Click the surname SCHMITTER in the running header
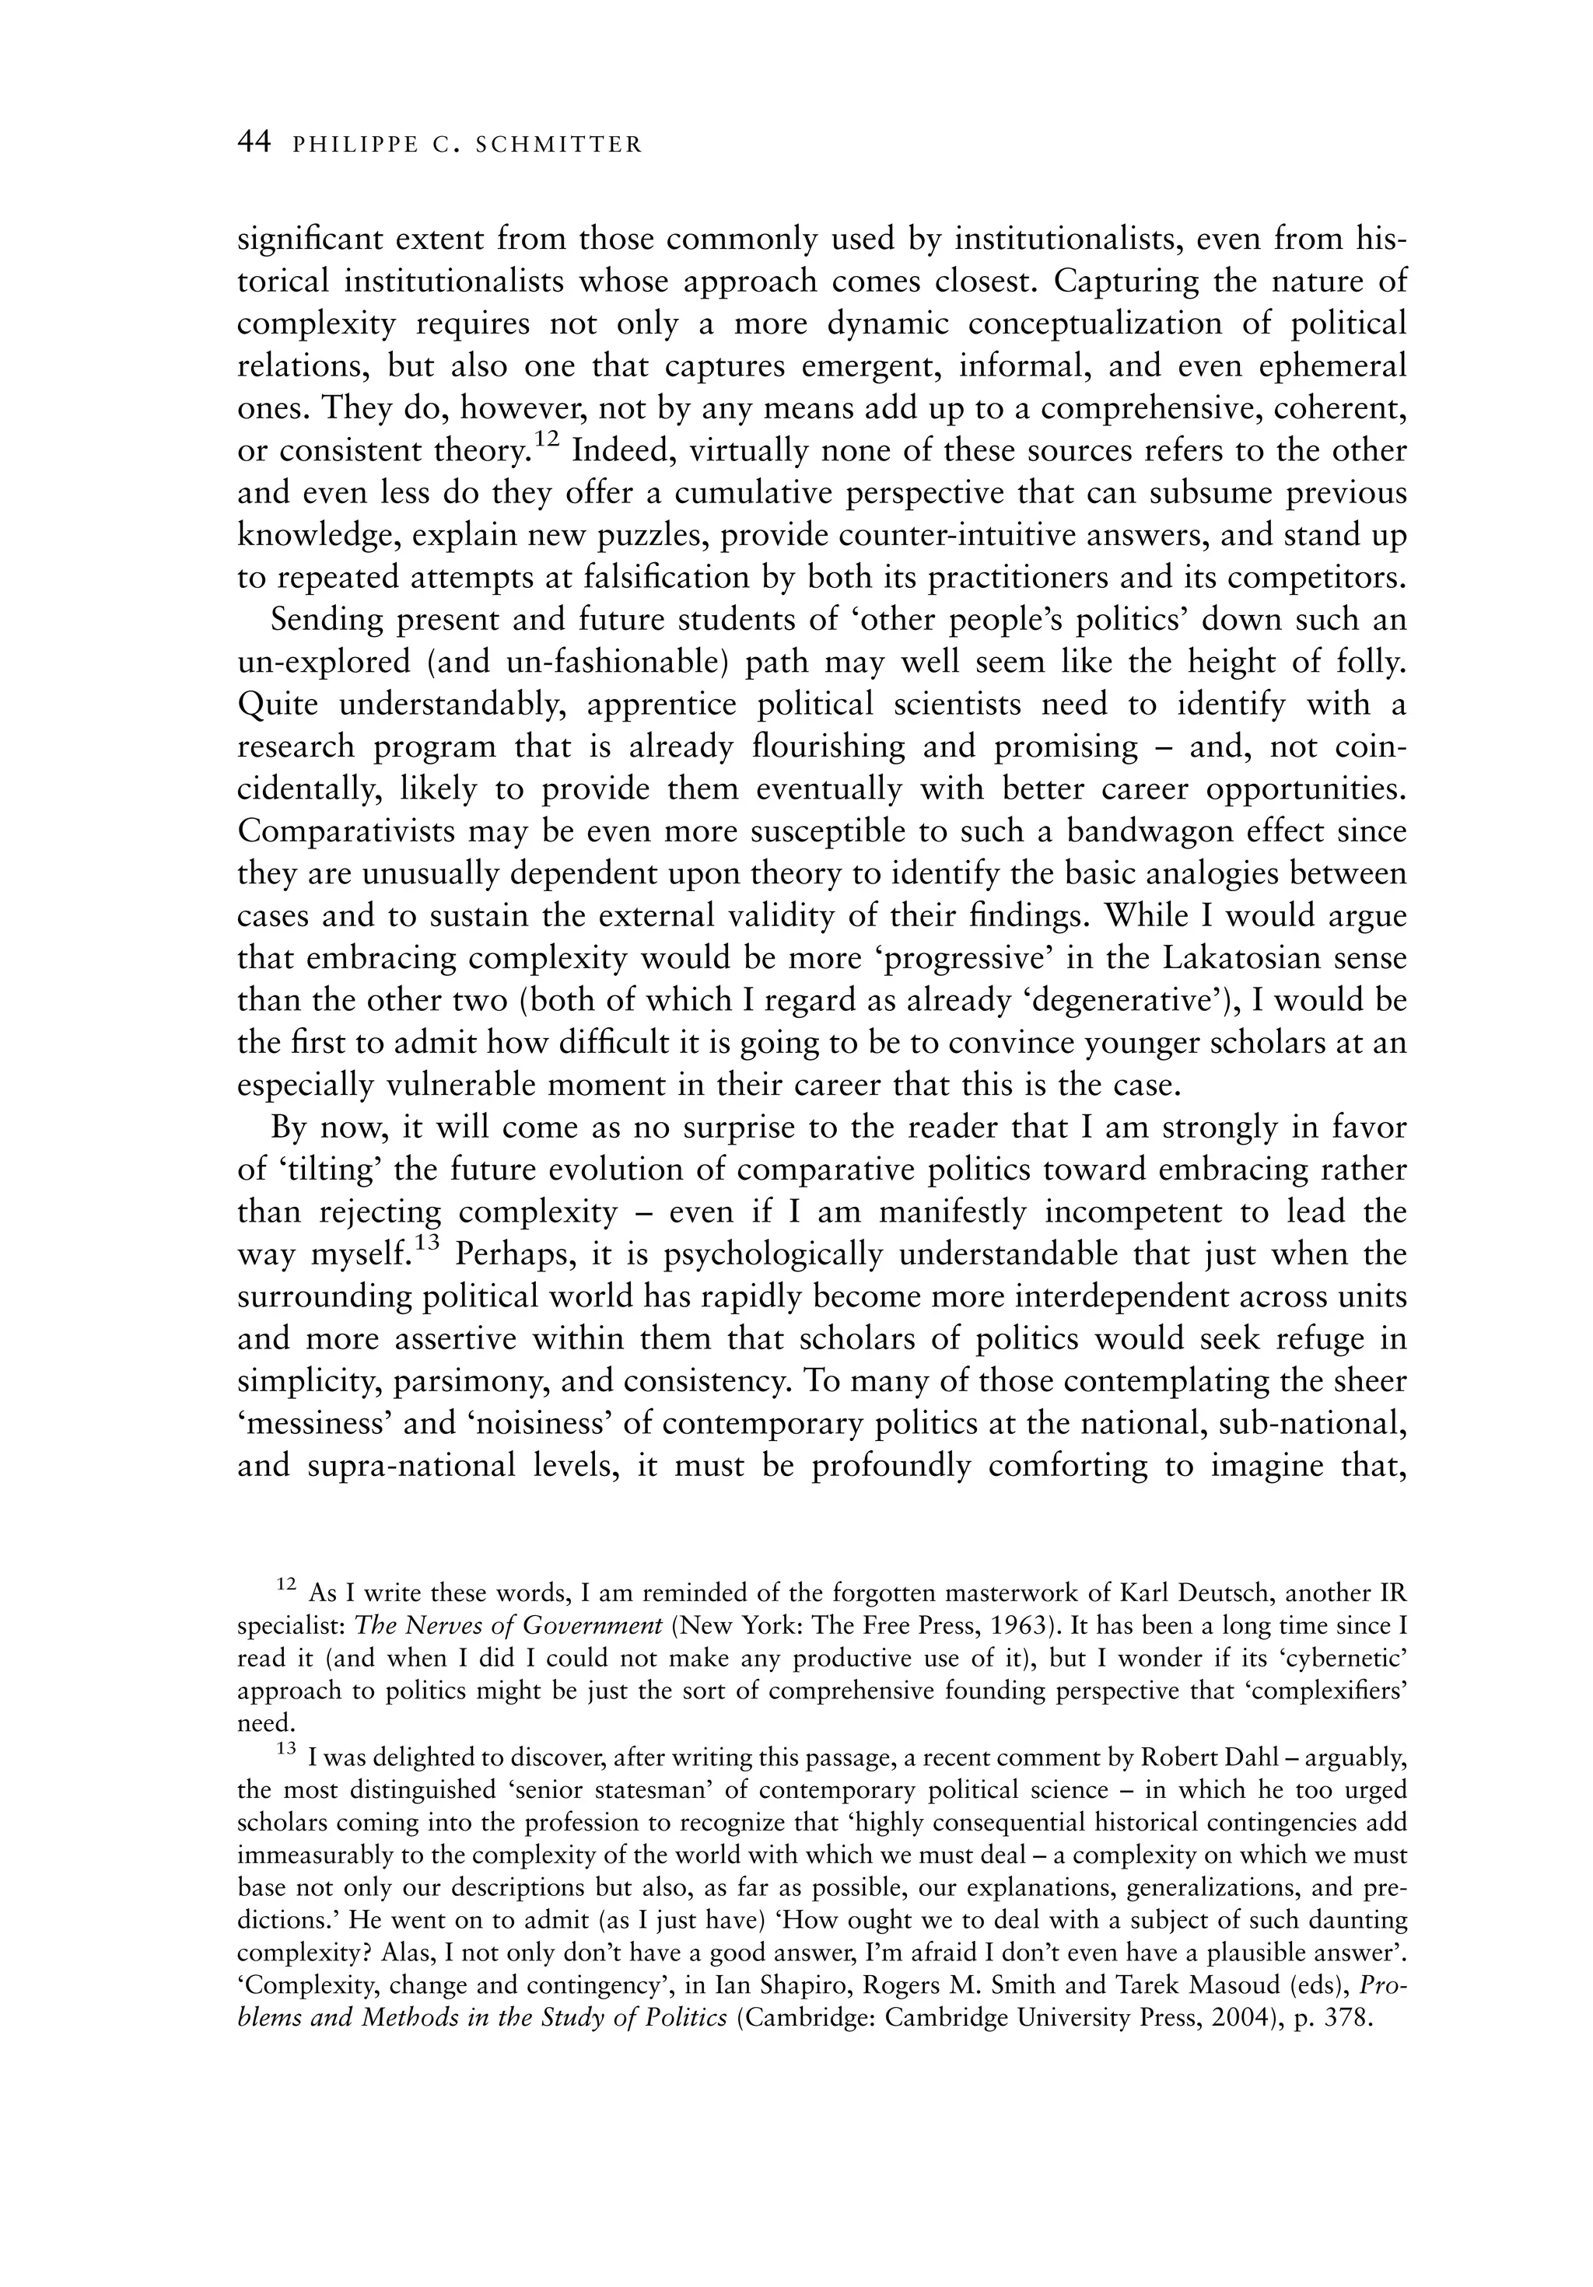coord(560,145)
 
